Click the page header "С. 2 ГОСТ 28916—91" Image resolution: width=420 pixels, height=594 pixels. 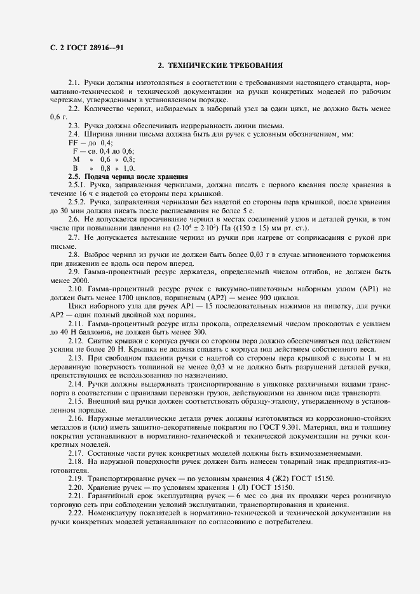[85, 46]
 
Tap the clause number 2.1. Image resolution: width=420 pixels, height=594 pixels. [74, 83]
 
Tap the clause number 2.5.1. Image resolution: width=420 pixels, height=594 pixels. [78, 185]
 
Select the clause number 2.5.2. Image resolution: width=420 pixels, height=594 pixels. [78, 202]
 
